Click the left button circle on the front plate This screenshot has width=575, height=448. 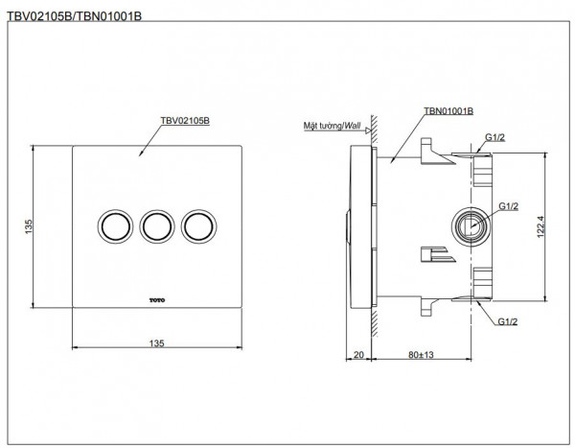pos(113,225)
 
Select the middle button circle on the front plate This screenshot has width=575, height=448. pos(156,225)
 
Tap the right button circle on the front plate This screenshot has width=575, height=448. pos(199,225)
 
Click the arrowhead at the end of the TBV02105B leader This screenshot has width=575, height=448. pos(141,154)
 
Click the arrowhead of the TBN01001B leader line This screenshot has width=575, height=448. pos(394,162)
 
